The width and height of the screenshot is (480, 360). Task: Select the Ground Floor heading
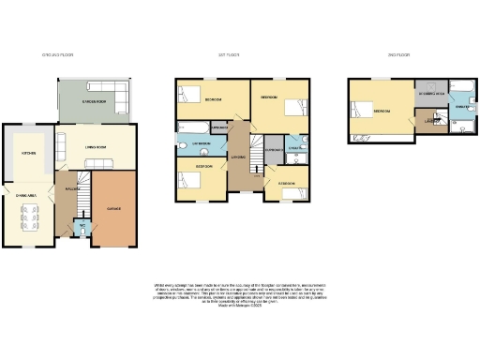[57, 55]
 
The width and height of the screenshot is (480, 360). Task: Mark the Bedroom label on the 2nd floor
[382, 112]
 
